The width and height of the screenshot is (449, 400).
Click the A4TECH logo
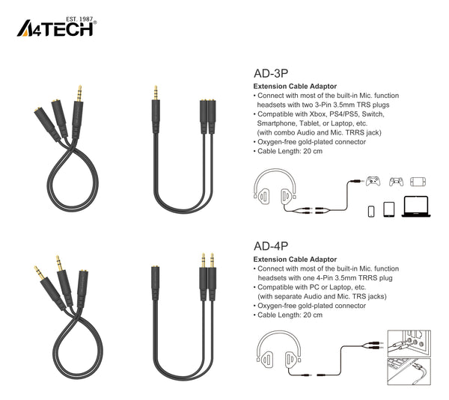(x=56, y=27)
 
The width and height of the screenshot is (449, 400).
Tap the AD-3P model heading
(x=271, y=73)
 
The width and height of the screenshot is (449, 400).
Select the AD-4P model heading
(x=271, y=246)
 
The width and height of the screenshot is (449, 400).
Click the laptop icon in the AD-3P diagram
(x=416, y=206)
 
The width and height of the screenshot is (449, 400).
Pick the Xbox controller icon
(x=373, y=182)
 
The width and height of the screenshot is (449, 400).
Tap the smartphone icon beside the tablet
(x=371, y=211)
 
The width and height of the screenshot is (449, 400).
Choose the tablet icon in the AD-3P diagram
(x=388, y=209)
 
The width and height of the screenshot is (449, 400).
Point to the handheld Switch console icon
(x=418, y=182)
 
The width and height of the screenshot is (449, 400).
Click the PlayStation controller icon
(x=396, y=182)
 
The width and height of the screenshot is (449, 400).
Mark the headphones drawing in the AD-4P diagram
(x=278, y=349)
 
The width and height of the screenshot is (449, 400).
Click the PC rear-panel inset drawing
(x=409, y=343)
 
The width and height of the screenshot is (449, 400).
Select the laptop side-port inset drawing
(x=409, y=372)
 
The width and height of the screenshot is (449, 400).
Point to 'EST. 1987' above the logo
(x=79, y=19)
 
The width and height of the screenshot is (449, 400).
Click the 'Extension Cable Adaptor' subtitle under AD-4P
(x=295, y=259)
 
